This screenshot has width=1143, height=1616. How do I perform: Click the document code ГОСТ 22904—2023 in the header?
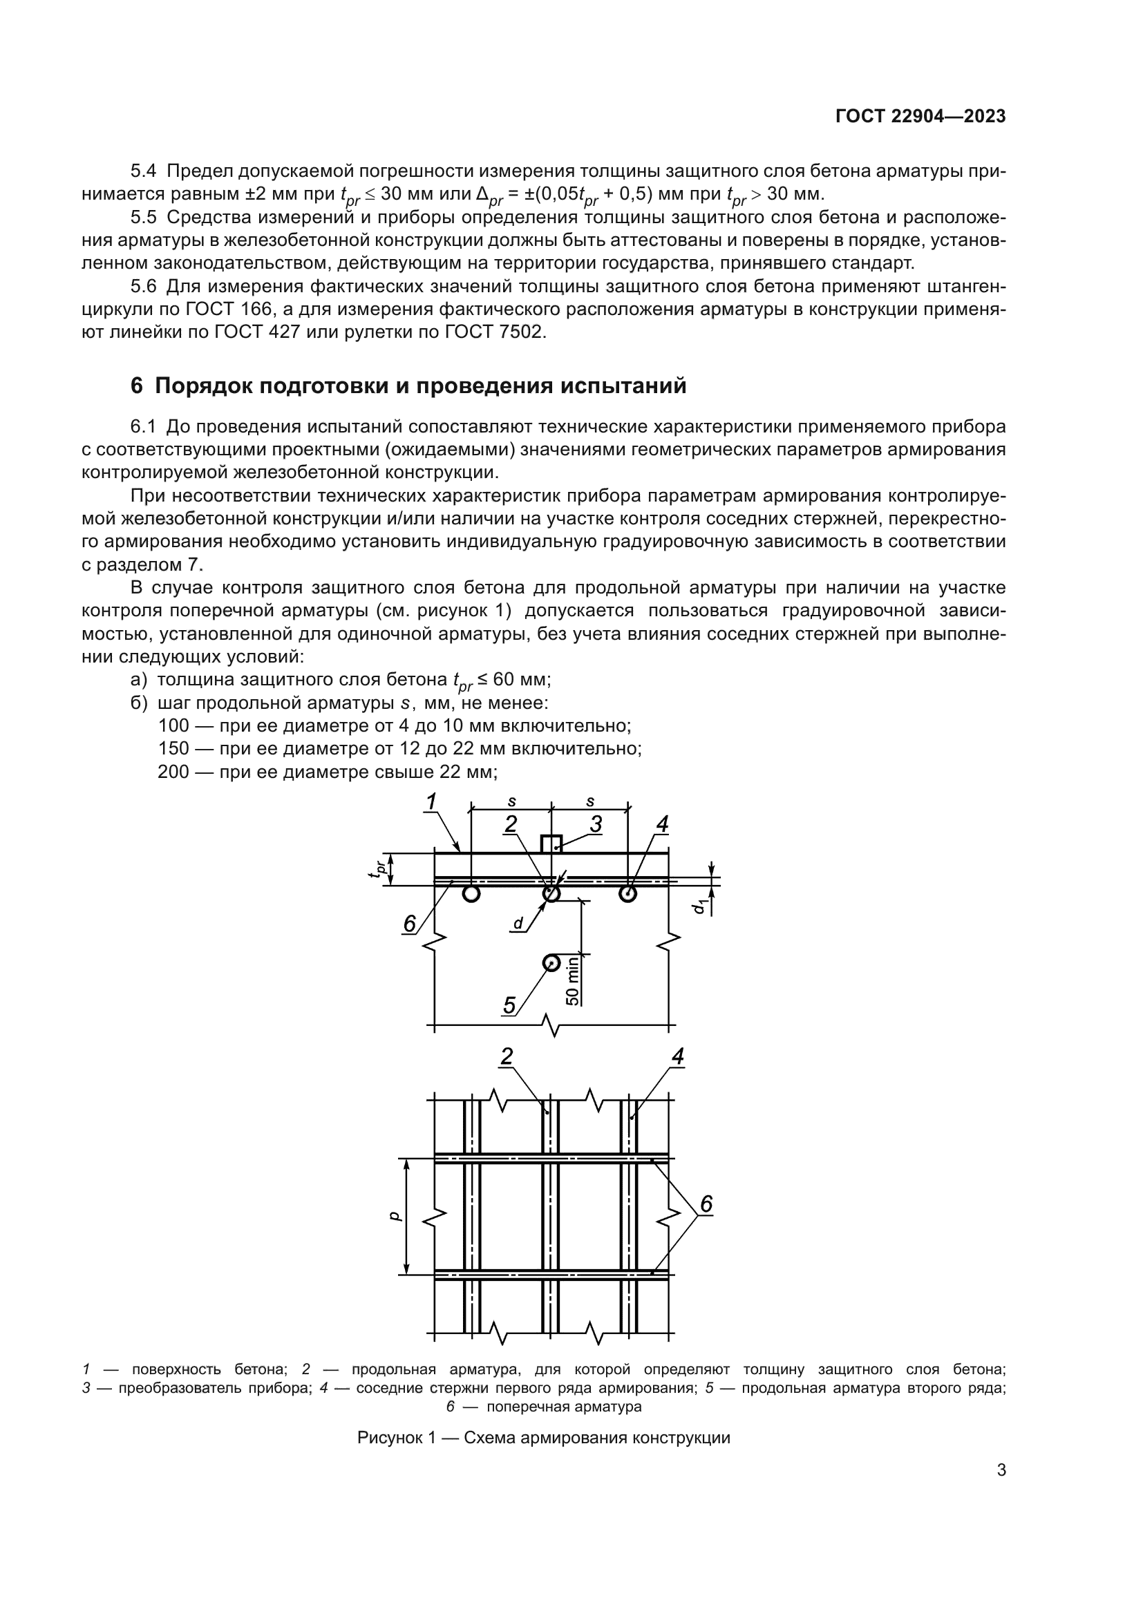(x=920, y=117)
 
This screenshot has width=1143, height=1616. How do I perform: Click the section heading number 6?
(x=137, y=386)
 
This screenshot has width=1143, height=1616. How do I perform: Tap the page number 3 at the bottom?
(x=1001, y=1470)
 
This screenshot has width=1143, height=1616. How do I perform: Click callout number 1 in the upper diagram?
(x=431, y=801)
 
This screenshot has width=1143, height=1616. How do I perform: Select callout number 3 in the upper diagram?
(x=596, y=824)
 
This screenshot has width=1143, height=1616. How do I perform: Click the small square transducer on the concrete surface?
(x=550, y=844)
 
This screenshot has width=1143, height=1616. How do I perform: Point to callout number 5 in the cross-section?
(x=509, y=1005)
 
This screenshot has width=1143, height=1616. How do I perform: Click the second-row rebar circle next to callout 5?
(x=551, y=963)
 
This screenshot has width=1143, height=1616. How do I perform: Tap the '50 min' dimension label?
(x=572, y=980)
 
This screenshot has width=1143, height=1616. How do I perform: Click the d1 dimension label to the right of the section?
(x=699, y=906)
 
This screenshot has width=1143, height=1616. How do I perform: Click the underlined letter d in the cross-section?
(x=518, y=924)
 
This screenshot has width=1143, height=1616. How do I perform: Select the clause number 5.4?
(x=144, y=171)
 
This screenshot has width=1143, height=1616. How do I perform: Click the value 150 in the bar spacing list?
(x=173, y=748)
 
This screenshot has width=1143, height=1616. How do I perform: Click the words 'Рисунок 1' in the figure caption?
(x=396, y=1437)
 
